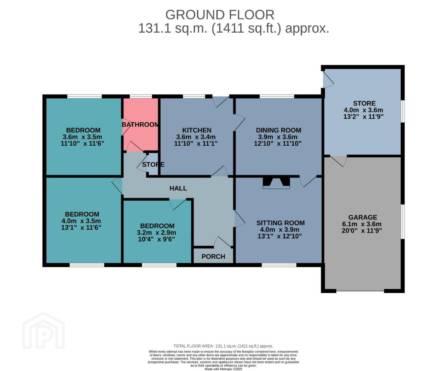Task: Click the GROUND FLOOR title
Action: pyautogui.click(x=220, y=15)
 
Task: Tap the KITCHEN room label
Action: pyautogui.click(x=197, y=130)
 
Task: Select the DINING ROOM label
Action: pyautogui.click(x=279, y=130)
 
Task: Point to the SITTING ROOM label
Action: pyautogui.click(x=281, y=223)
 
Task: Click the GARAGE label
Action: pyautogui.click(x=363, y=217)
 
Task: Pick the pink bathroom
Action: pyautogui.click(x=141, y=124)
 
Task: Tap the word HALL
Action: pyautogui.click(x=178, y=188)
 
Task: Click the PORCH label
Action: pyautogui.click(x=213, y=256)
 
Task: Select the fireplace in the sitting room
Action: pyautogui.click(x=276, y=182)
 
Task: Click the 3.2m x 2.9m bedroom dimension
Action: pyautogui.click(x=156, y=233)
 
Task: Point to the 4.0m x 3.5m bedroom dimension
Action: pyautogui.click(x=81, y=221)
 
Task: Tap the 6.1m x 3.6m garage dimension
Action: pyautogui.click(x=362, y=224)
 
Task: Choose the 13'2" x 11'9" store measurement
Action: pyautogui.click(x=363, y=116)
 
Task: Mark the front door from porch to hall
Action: pyautogui.click(x=223, y=242)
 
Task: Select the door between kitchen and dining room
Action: pyautogui.click(x=239, y=123)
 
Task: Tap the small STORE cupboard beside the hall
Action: pyautogui.click(x=153, y=164)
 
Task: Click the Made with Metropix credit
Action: pyautogui.click(x=223, y=369)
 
